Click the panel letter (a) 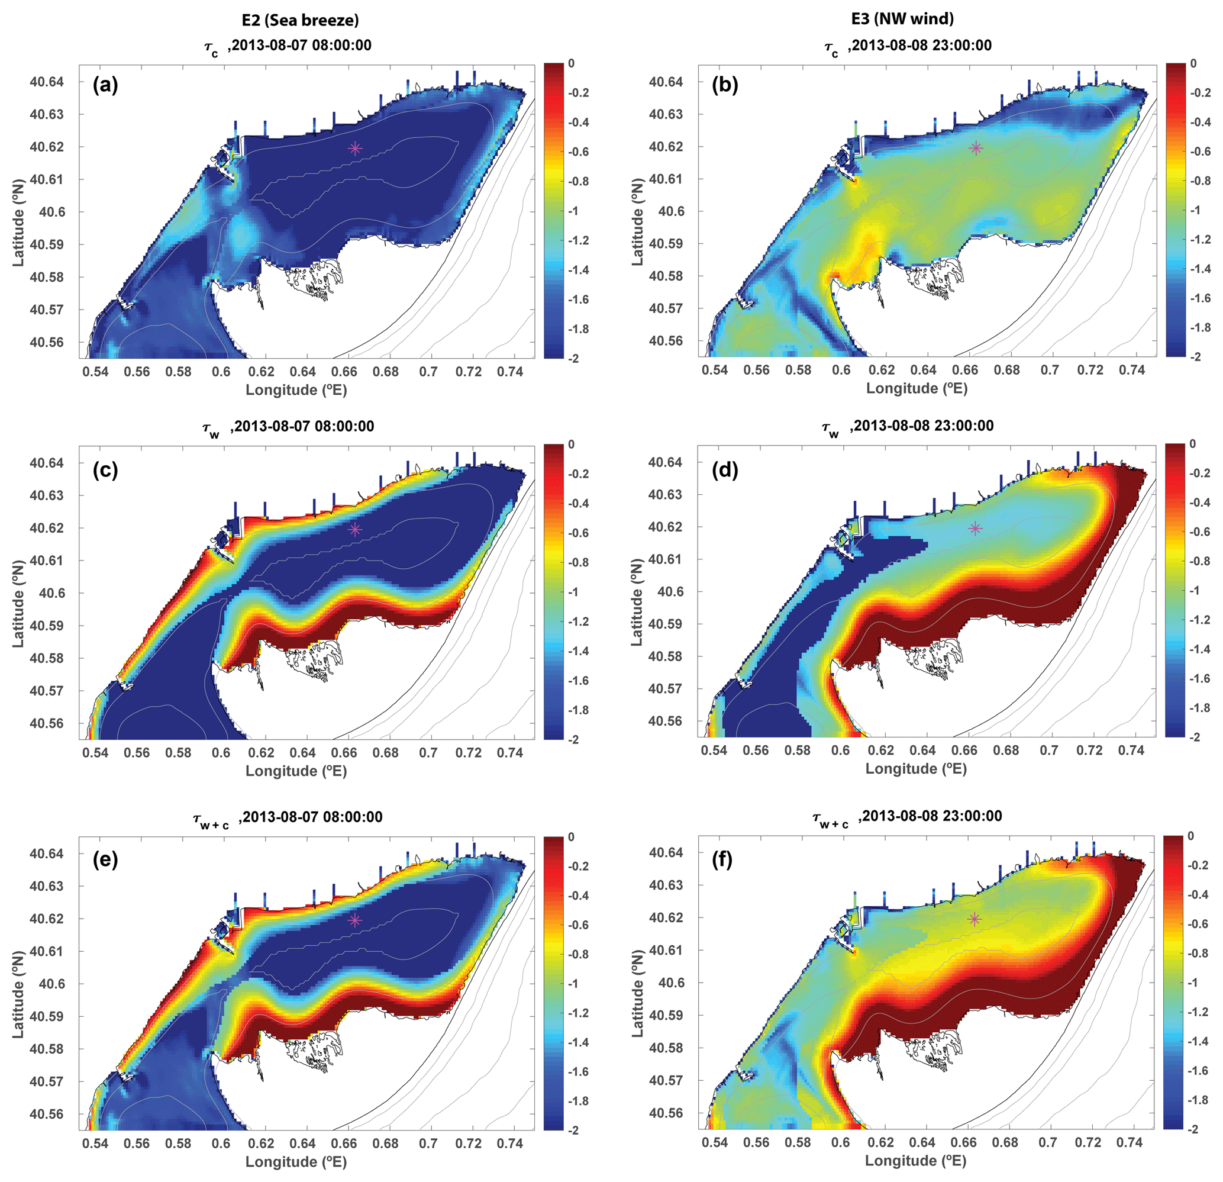(x=105, y=84)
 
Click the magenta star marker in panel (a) (x=355, y=149)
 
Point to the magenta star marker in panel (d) (x=974, y=529)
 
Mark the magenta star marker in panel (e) (x=355, y=920)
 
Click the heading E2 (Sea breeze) (x=300, y=20)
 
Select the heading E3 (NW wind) (x=902, y=19)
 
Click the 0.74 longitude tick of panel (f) (x=1131, y=1142)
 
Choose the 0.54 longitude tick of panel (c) (x=95, y=753)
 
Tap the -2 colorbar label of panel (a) (x=568, y=358)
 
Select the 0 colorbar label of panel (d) (x=1192, y=444)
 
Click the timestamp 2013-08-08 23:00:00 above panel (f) (x=930, y=816)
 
